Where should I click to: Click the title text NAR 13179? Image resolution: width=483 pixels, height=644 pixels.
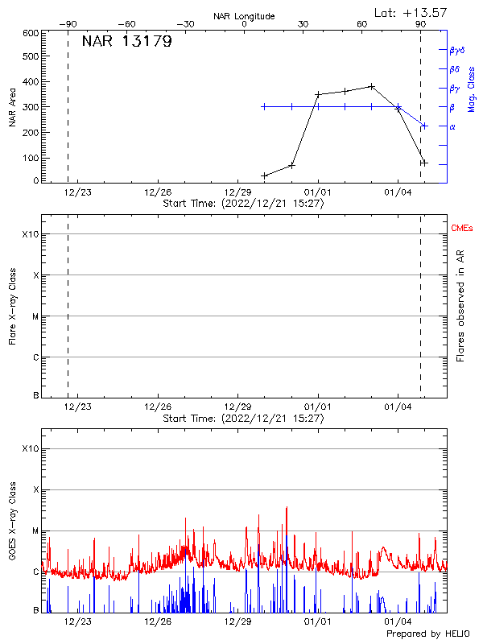126,42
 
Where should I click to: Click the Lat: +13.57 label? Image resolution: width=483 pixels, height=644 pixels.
411,12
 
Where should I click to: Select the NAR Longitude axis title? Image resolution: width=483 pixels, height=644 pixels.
244,16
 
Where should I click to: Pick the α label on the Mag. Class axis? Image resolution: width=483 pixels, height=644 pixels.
452,126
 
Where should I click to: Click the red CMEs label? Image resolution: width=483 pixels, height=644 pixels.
462,229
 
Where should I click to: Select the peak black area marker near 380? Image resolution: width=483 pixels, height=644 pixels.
371,86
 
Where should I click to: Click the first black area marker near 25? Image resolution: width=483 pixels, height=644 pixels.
264,175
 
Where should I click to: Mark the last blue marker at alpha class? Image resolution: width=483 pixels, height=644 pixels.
424,126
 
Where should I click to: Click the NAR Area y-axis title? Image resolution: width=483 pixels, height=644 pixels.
13,106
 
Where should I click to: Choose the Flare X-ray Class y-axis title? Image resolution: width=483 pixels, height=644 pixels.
13,306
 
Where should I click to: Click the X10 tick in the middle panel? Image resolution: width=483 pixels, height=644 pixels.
31,234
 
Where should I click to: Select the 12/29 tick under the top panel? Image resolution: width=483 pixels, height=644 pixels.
237,192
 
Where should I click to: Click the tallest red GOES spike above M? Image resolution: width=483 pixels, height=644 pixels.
287,508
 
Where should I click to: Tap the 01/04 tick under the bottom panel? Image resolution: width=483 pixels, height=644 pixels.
398,621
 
